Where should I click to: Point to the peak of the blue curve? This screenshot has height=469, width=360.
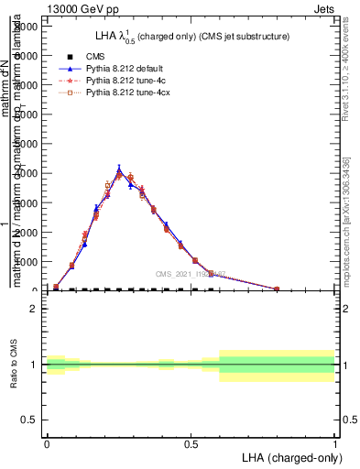click(x=119, y=168)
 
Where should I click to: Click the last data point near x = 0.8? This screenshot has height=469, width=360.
click(x=277, y=289)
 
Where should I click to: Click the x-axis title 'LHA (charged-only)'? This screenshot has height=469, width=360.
click(x=289, y=456)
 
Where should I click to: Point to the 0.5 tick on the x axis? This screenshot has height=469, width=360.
click(x=191, y=442)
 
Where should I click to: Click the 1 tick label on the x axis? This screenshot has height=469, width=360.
click(x=335, y=442)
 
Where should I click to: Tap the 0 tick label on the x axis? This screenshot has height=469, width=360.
click(x=47, y=442)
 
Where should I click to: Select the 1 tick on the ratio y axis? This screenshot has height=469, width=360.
click(x=34, y=365)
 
